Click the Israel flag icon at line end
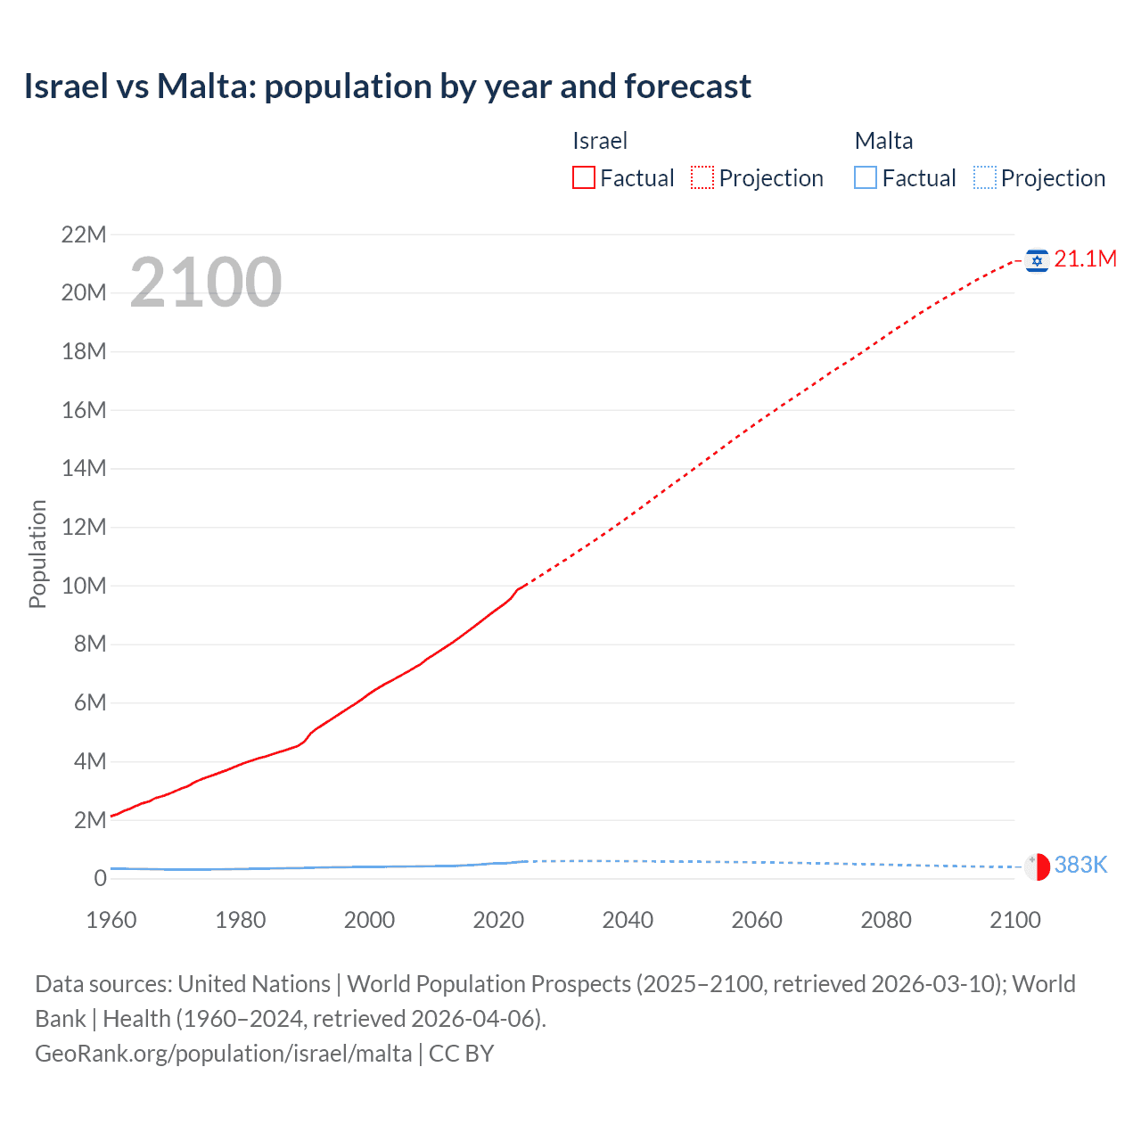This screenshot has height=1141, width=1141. point(1037,260)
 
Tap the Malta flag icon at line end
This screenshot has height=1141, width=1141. point(1037,866)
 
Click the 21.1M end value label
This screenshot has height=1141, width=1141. point(1085,259)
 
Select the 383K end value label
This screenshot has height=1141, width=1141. point(1080,866)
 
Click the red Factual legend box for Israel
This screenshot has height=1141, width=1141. point(583,177)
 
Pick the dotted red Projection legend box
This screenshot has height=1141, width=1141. point(702,177)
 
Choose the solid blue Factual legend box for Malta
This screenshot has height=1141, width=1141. point(866,177)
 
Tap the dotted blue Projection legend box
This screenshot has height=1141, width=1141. point(985,177)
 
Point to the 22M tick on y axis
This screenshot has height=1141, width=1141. point(84,235)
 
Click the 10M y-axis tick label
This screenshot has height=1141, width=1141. point(84,587)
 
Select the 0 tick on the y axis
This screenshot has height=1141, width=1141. point(100,879)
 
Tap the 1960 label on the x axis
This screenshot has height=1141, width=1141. point(111,920)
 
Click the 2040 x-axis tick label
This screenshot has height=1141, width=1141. point(628,920)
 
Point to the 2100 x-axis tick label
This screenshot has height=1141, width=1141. point(1014,920)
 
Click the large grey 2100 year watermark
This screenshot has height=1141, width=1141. point(206,283)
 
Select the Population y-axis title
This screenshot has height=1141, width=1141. point(37,554)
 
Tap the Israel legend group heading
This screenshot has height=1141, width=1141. point(600,141)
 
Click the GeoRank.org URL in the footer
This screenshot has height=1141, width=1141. point(223,1054)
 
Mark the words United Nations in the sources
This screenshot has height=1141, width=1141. point(254,984)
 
